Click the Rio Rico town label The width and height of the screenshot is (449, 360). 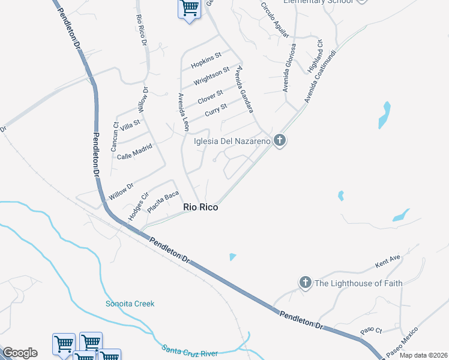pyautogui.click(x=200, y=208)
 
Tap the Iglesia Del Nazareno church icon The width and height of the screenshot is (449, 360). pyautogui.click(x=279, y=141)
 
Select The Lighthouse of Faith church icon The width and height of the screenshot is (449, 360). pyautogui.click(x=306, y=283)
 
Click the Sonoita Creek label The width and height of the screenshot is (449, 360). pyautogui.click(x=130, y=304)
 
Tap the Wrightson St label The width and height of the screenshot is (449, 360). pyautogui.click(x=211, y=76)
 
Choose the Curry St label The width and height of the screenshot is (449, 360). pyautogui.click(x=215, y=110)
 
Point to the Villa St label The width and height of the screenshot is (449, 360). pyautogui.click(x=130, y=125)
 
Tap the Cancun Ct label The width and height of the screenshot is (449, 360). pyautogui.click(x=115, y=137)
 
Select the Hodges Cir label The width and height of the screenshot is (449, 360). pyautogui.click(x=137, y=206)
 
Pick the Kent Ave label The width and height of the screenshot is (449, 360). pyautogui.click(x=387, y=261)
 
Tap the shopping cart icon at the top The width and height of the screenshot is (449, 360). pyautogui.click(x=190, y=8)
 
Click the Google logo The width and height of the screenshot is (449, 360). pyautogui.click(x=20, y=353)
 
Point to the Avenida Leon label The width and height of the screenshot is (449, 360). pyautogui.click(x=182, y=112)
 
